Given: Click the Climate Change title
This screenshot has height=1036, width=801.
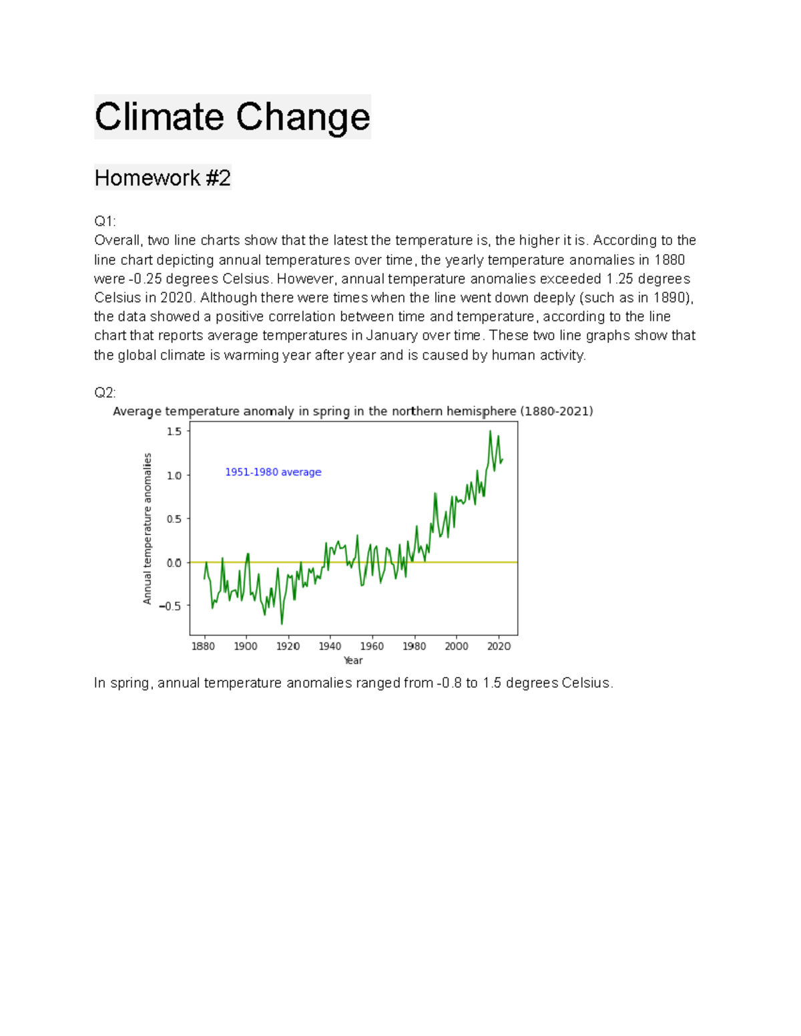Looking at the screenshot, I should click(232, 117).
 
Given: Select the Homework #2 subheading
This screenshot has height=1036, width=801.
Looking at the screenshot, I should click(162, 178).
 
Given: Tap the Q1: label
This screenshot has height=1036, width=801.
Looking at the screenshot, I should click(105, 221).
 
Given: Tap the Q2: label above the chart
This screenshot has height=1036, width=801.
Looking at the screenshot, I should click(105, 392).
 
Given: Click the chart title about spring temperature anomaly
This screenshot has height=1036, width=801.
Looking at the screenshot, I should click(352, 411).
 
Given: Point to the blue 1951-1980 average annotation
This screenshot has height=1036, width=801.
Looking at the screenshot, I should click(273, 472).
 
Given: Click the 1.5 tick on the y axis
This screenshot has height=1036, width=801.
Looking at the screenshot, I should click(174, 432).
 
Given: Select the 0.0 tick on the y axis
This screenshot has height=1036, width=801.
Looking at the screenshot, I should click(174, 563).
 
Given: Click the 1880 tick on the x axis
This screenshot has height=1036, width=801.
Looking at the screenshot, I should click(203, 646).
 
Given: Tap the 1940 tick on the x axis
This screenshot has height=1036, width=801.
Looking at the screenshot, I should click(330, 646).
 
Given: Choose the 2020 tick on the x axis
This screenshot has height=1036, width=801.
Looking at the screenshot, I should click(499, 646).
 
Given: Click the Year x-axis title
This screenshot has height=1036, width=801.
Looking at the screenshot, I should click(353, 660).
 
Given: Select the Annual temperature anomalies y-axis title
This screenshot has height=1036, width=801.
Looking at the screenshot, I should click(148, 529).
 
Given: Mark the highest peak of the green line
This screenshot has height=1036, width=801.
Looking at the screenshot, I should click(490, 432).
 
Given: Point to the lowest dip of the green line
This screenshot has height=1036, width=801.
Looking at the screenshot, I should click(282, 624).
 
